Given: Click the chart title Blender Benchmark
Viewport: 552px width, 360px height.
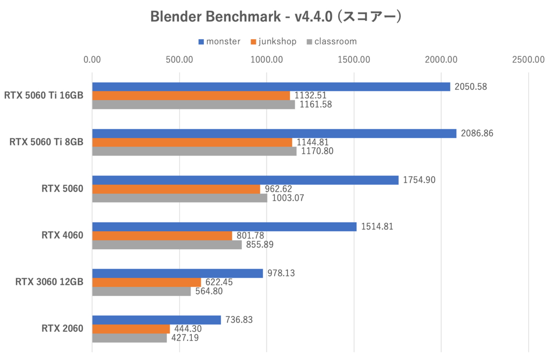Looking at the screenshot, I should coord(276,17).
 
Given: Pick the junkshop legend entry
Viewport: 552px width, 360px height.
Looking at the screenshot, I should coord(274,42).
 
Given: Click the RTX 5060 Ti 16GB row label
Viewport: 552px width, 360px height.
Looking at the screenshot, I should coord(44,96).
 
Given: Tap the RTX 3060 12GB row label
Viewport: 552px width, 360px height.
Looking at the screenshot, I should coord(50,282).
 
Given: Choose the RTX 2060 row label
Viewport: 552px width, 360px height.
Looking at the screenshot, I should coord(62,328).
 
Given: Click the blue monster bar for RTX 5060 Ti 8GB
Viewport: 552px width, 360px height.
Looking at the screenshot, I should coord(274,133).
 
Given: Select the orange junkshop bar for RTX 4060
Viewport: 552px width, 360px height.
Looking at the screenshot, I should coord(162,236).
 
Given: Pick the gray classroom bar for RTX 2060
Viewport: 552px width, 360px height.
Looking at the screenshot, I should coord(129,338).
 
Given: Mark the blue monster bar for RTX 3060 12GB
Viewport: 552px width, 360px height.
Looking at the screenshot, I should coord(178,273).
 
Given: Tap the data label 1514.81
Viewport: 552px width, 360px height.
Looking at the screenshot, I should coord(377,226).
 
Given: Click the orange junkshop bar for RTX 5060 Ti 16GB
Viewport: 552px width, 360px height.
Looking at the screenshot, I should coord(191,96).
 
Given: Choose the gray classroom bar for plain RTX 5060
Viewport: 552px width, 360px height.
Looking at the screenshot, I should coord(179,198).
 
